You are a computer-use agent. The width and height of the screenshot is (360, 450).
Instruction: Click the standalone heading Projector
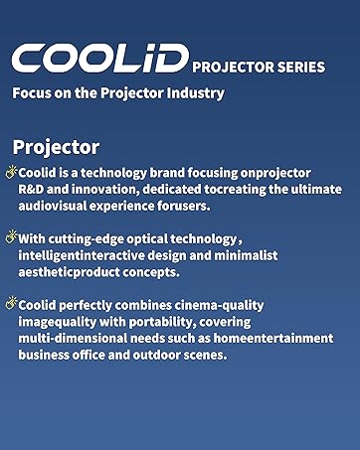click(56, 146)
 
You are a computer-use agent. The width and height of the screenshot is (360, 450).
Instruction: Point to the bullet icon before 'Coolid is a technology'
click(11, 171)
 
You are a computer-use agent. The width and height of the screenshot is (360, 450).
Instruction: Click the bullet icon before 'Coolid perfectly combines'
click(11, 303)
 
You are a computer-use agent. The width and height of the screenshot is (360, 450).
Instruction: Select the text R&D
click(34, 190)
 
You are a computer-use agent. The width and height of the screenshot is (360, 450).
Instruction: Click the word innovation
click(109, 190)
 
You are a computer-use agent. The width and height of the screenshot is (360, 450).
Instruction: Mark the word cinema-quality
click(219, 306)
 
